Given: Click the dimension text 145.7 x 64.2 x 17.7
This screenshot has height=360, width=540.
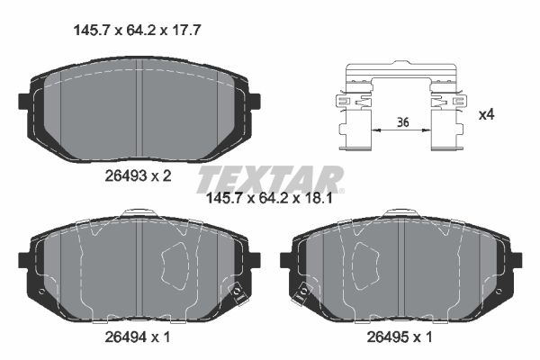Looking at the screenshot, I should [x=135, y=29].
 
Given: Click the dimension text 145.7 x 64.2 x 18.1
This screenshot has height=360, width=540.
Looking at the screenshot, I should [x=270, y=198].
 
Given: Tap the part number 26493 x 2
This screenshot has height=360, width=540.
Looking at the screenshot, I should [x=137, y=176].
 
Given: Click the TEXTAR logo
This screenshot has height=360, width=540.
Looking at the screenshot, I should [x=270, y=176].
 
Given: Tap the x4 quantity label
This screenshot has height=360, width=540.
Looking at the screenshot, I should [x=486, y=114].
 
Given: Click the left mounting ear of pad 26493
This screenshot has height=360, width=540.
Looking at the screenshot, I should [x=23, y=101].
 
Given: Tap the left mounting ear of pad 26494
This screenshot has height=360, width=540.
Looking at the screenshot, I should [x=23, y=260].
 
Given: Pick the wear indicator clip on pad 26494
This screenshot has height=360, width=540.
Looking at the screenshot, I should [x=238, y=292].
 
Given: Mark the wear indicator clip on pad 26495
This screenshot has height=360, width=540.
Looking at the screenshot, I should [x=302, y=292].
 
